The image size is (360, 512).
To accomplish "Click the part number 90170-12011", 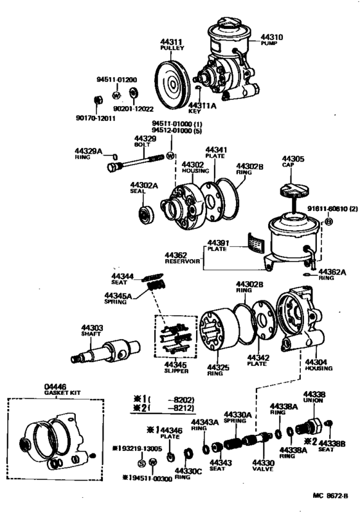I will (94, 118).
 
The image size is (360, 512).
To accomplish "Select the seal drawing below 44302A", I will (145, 213).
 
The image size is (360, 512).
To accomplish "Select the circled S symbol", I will (141, 462).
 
